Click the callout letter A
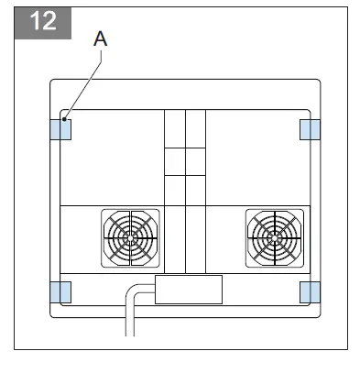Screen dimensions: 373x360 click(x=102, y=39)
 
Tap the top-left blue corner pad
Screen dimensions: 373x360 click(x=60, y=129)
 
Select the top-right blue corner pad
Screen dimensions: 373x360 click(x=309, y=129)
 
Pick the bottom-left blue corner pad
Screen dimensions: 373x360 click(x=60, y=291)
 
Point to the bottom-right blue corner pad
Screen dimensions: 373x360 click(x=309, y=291)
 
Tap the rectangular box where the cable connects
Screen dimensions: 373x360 click(x=189, y=289)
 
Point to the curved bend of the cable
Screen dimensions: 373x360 click(x=134, y=292)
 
